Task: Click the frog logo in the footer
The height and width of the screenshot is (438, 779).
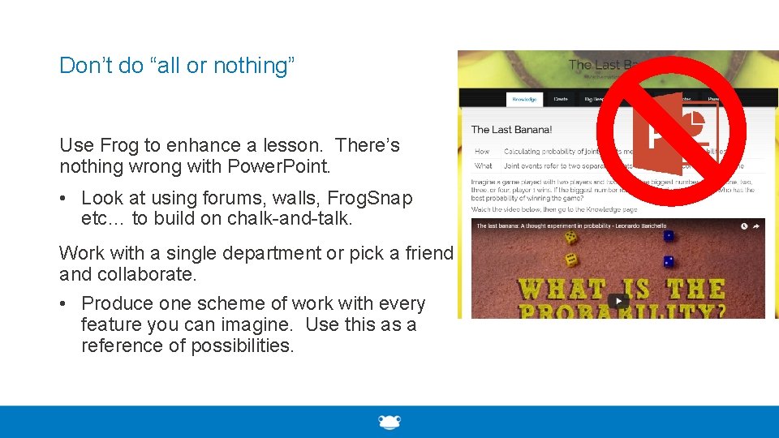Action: coord(389,422)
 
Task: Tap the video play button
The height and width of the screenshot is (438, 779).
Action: coord(618,301)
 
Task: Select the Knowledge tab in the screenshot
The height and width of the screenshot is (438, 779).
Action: coord(523,99)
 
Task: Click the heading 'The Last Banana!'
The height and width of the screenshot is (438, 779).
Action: coord(511,129)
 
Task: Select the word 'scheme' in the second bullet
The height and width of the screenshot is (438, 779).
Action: coord(224,303)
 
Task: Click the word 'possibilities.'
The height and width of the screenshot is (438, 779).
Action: coord(243,346)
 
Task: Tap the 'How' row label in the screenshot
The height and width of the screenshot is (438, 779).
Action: coord(482,152)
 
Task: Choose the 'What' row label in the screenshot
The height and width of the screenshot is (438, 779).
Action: coord(484,165)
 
